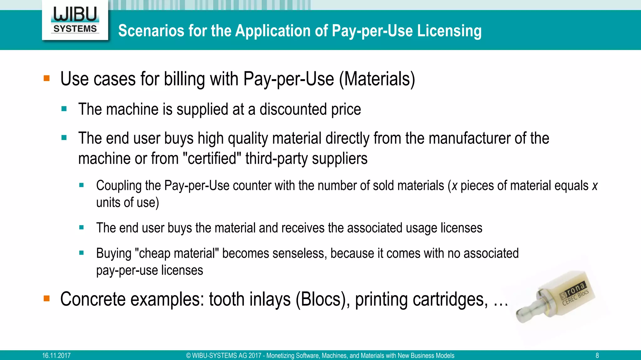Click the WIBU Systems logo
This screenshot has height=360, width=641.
pos(75,20)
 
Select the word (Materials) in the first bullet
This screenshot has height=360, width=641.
pos(377,79)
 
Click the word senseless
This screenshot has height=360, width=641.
pos(299,253)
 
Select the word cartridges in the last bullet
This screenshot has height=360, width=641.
pos(421,299)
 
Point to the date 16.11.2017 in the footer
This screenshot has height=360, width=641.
pos(56,356)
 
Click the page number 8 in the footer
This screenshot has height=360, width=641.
pos(597,356)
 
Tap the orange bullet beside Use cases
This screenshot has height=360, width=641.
pos(47,78)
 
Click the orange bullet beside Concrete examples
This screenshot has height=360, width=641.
pos(47,298)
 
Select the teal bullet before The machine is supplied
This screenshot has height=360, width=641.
pos(64,109)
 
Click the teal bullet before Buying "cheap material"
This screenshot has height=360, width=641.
pos(82,253)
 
